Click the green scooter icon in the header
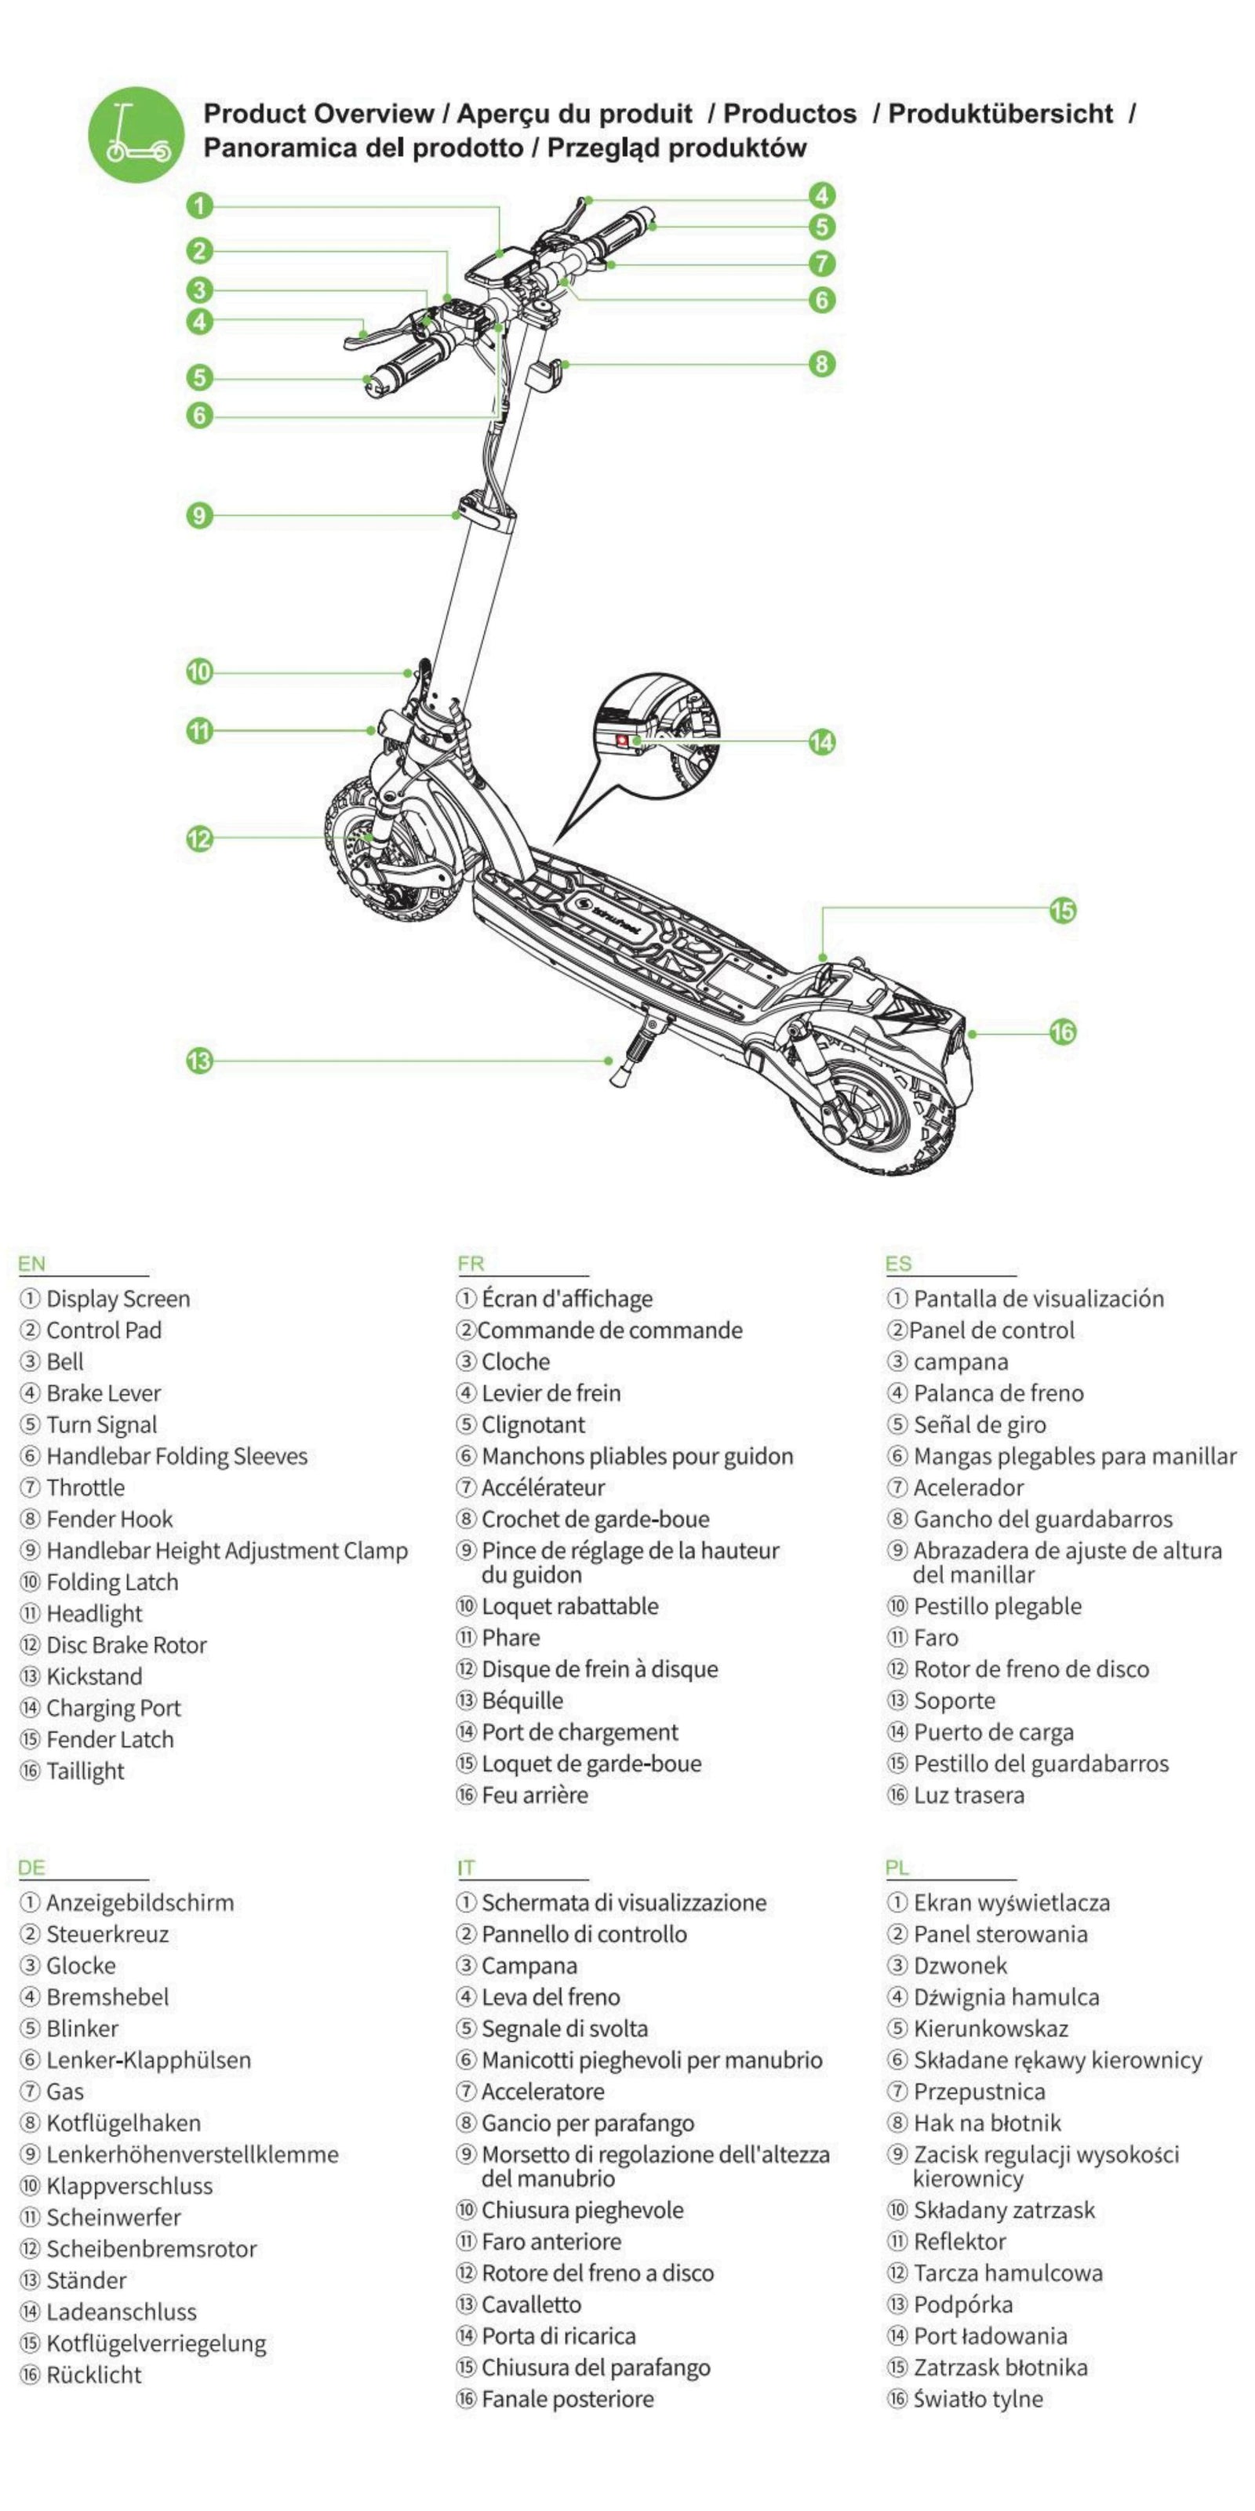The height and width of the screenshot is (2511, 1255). tap(136, 133)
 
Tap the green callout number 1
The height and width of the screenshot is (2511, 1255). tap(200, 206)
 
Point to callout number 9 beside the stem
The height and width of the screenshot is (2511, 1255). tap(200, 515)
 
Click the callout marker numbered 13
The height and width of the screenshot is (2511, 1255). tap(200, 1061)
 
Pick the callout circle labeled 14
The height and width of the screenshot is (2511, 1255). tap(822, 742)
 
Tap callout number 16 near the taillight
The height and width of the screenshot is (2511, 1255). tap(1062, 1032)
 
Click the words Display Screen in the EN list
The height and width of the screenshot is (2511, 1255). tap(118, 1298)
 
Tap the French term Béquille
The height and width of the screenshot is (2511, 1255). tap(522, 1700)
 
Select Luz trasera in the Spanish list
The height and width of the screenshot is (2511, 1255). tap(969, 1795)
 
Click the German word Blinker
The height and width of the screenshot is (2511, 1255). tap(83, 2028)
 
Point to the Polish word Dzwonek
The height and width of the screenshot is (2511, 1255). tap(960, 1965)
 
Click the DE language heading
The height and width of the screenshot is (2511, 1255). tap(32, 1868)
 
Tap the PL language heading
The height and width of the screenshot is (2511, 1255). tap(897, 1868)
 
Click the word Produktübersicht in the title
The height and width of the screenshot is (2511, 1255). tap(1000, 114)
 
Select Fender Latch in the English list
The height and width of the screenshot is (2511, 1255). tap(110, 1739)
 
